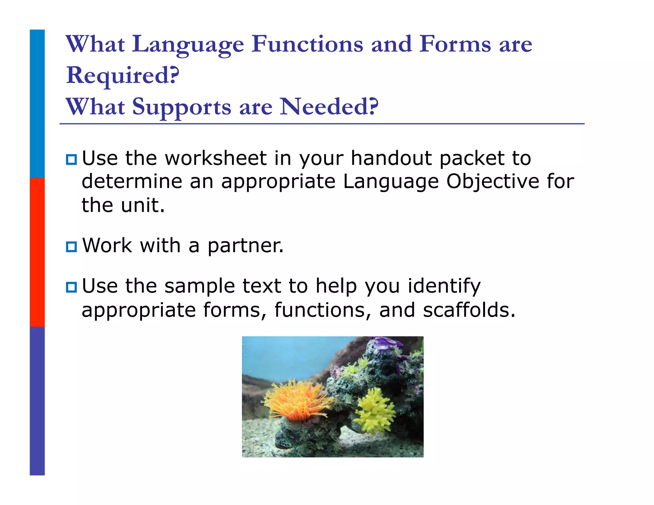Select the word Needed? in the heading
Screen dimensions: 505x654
(329, 107)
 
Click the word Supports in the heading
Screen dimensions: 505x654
(181, 107)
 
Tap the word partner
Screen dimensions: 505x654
(245, 246)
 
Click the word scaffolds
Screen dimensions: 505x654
(468, 310)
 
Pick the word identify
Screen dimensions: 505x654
(444, 286)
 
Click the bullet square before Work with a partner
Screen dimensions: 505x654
(71, 247)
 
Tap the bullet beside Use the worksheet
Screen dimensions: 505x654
(71, 159)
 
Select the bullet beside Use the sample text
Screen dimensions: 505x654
(71, 287)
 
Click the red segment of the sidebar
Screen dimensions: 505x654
(37, 252)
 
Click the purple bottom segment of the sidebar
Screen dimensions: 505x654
(37, 401)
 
